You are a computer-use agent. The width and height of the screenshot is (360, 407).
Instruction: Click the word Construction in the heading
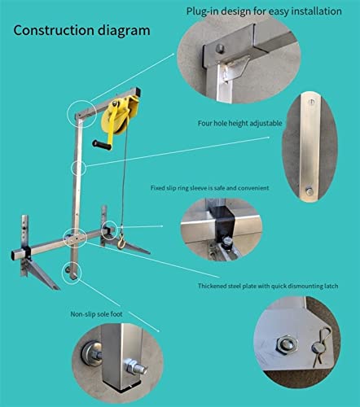pyautogui.click(x=53, y=30)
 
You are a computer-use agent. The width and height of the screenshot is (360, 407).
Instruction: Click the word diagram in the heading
pyautogui.click(x=124, y=31)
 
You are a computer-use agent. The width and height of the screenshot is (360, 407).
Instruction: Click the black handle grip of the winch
pyautogui.click(x=102, y=145)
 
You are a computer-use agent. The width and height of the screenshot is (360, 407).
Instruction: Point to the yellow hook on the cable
pyautogui.click(x=121, y=242)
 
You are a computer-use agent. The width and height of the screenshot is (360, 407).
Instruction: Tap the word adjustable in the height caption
pyautogui.click(x=266, y=124)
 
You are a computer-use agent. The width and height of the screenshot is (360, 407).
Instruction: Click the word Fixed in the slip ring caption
pyautogui.click(x=157, y=188)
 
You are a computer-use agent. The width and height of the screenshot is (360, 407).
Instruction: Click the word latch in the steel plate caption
pyautogui.click(x=331, y=286)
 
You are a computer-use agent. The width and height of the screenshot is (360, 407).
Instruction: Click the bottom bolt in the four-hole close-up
pyautogui.click(x=309, y=191)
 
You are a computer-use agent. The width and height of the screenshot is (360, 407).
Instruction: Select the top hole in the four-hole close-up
pyautogui.click(x=312, y=102)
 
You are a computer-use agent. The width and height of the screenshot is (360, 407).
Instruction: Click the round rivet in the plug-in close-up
pyautogui.click(x=221, y=48)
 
